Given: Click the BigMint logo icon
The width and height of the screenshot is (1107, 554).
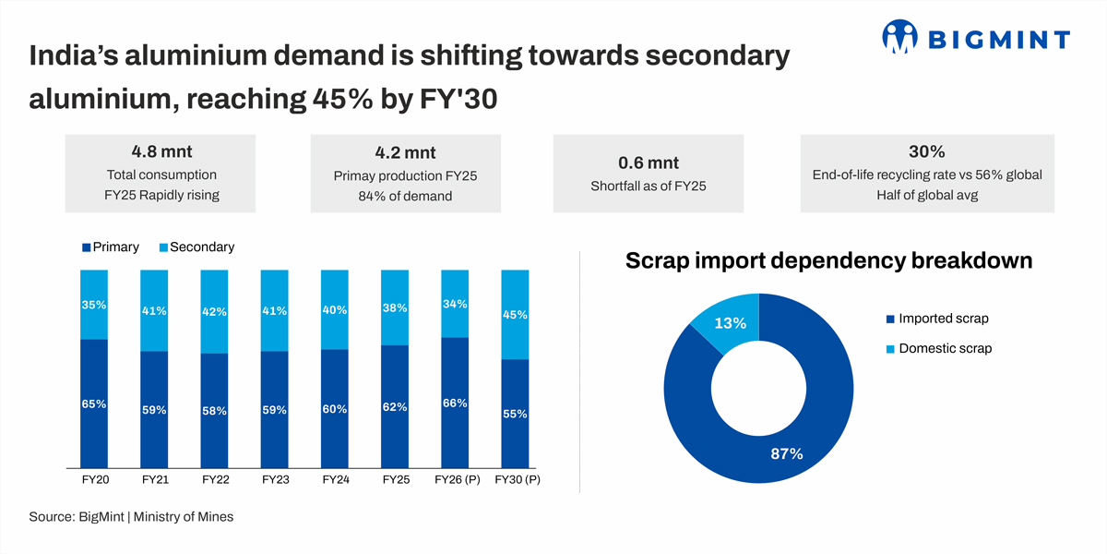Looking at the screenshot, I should point(900,37).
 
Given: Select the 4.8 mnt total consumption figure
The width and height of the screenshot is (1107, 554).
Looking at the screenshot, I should point(161,151).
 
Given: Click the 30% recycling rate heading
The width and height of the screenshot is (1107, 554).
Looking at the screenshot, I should point(926,151).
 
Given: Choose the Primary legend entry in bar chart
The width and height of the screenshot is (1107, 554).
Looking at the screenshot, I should point(110,247).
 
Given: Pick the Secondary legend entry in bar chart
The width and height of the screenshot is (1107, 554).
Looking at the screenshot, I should point(196,247).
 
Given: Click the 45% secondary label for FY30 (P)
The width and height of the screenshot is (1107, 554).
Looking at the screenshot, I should point(515,315).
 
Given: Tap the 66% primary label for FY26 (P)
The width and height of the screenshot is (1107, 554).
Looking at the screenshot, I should point(455,403).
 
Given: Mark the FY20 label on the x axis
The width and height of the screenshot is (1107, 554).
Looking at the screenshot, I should point(94,480).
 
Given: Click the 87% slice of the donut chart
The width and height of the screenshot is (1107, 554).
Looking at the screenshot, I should point(786,453).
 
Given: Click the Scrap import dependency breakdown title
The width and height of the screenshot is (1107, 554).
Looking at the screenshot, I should point(828,261).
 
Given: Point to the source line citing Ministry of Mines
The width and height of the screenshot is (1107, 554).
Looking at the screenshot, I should point(131,517).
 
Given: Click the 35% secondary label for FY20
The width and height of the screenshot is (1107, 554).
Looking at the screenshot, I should point(94,304).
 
